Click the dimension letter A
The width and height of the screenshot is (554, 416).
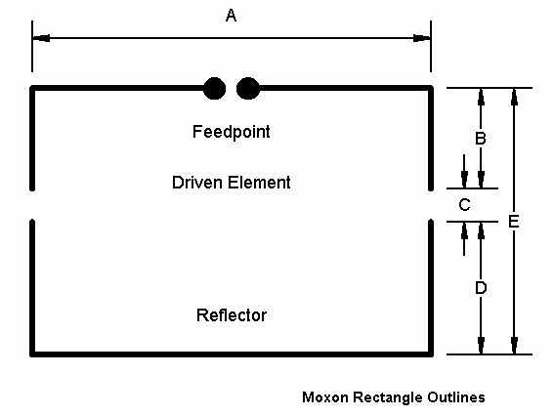click(x=231, y=16)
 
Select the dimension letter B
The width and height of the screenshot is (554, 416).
click(x=481, y=138)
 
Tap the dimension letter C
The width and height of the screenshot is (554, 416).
click(x=464, y=205)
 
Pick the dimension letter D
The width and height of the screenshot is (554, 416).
click(x=481, y=288)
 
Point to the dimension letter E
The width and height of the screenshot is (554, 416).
click(x=514, y=222)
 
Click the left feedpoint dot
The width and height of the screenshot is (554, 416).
click(x=214, y=88)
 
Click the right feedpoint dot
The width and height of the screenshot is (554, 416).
click(x=248, y=88)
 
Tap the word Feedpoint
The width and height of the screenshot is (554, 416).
click(x=232, y=132)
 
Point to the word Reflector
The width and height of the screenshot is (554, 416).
click(x=232, y=315)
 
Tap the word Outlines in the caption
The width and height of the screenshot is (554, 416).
click(x=456, y=397)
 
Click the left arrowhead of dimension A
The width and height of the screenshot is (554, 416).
click(x=41, y=38)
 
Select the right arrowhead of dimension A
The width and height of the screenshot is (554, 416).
click(x=422, y=38)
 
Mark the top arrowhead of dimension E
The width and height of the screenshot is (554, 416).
click(x=514, y=97)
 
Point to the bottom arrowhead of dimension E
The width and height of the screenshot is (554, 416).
click(x=514, y=346)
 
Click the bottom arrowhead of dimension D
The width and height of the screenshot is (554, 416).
click(x=481, y=346)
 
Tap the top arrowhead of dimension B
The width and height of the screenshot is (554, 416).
click(x=481, y=97)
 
